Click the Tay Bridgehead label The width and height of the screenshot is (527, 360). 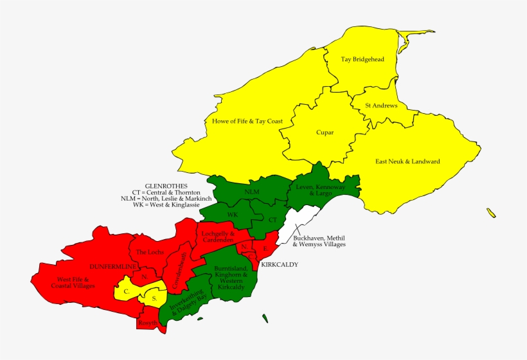coord(362,60)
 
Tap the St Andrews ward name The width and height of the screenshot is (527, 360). coord(381,105)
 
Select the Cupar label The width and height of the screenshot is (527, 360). coord(325,132)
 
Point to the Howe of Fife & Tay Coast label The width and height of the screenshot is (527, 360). coord(238,120)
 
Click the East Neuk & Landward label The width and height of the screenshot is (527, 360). coord(407,161)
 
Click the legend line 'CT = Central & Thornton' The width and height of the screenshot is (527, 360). coord(166,192)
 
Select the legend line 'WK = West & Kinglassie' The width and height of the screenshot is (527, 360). coord(166,205)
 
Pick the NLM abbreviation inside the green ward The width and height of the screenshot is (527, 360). coord(253,191)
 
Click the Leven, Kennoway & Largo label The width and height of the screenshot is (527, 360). coord(320,190)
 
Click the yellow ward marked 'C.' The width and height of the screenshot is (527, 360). coord(127,291)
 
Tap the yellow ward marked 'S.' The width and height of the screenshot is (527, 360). coord(154,298)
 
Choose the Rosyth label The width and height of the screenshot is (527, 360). coord(147,322)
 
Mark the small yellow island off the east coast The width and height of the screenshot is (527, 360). coord(492,213)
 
